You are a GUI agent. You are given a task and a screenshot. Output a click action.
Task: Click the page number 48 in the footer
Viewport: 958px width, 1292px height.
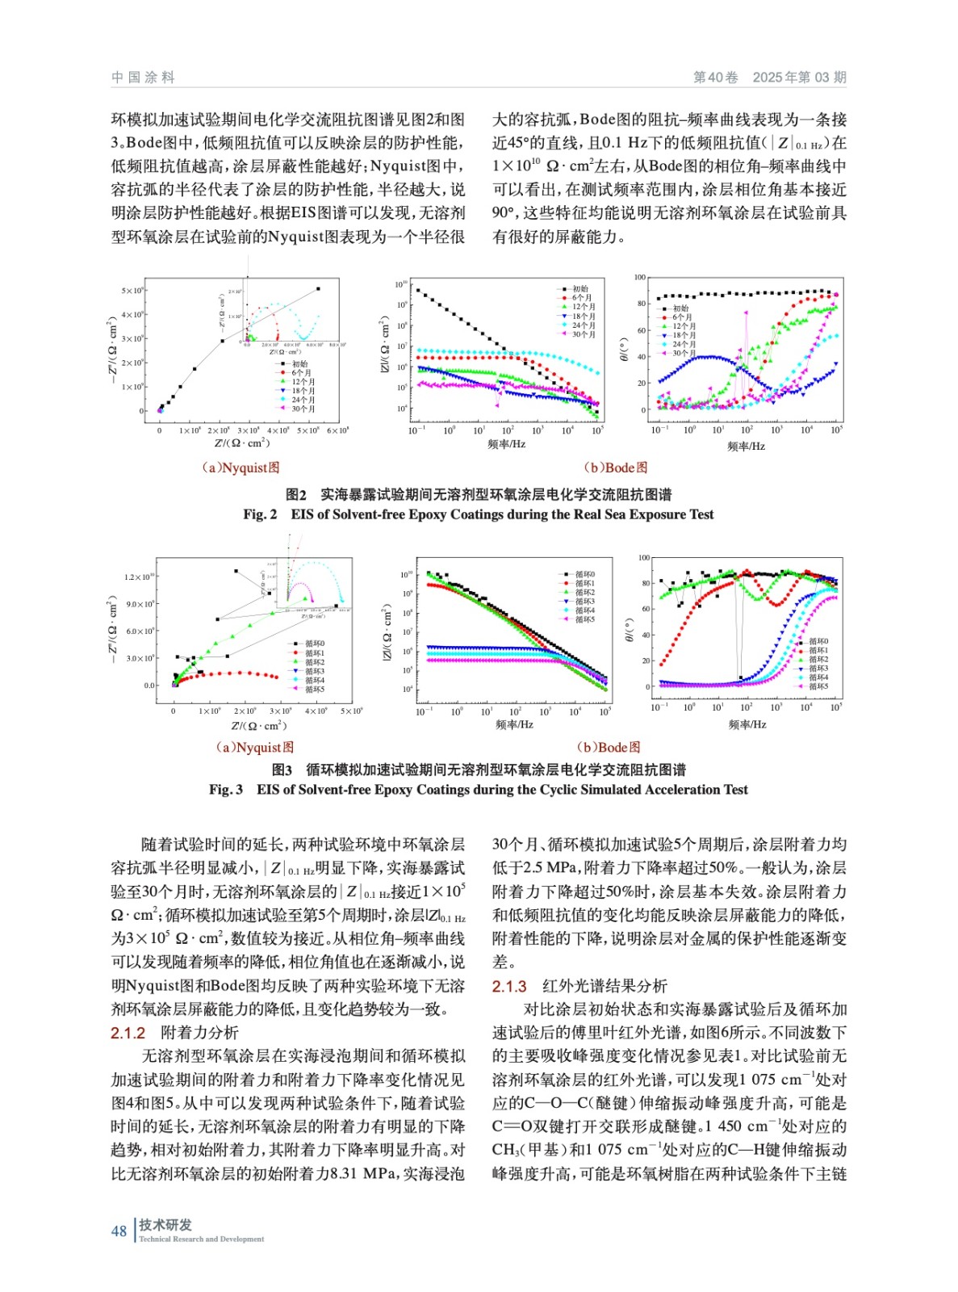(119, 1231)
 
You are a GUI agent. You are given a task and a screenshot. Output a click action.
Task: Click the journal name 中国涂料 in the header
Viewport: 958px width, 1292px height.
(143, 78)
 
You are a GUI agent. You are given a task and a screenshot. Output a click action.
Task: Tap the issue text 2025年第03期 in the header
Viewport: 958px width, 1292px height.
(799, 78)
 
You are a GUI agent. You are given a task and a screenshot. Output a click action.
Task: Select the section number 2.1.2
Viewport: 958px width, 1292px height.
(128, 1033)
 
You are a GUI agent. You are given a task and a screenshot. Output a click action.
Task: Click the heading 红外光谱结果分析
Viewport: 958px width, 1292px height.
(605, 986)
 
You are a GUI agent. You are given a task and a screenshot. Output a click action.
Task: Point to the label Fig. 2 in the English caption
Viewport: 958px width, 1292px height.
(260, 514)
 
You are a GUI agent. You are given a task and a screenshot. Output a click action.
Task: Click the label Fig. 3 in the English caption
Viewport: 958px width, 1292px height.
(226, 790)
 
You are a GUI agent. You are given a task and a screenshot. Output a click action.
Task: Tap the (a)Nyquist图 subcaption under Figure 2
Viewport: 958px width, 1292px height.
(240, 468)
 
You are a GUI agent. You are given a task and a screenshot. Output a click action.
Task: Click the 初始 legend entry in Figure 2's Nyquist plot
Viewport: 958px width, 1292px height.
(299, 364)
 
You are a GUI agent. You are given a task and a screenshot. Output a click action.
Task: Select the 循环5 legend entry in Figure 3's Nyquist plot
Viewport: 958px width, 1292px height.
(314, 689)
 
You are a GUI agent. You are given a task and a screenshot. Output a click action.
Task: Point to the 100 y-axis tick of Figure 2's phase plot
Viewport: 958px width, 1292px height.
(640, 278)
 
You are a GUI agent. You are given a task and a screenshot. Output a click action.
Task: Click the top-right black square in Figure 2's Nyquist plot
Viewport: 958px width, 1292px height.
(318, 289)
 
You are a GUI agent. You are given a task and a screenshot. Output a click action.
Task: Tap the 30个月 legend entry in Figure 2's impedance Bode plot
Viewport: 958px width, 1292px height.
(584, 334)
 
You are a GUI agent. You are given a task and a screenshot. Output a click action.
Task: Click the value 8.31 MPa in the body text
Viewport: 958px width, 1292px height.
(363, 1173)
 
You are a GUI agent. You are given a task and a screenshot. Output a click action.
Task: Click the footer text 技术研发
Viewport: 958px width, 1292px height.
(165, 1224)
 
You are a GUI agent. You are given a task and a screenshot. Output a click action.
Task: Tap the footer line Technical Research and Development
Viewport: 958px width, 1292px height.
(202, 1239)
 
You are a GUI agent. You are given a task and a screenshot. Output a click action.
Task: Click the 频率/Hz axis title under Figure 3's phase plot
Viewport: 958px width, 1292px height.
(747, 724)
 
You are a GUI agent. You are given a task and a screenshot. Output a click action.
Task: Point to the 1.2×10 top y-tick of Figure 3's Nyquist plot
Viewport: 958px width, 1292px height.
(140, 577)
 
